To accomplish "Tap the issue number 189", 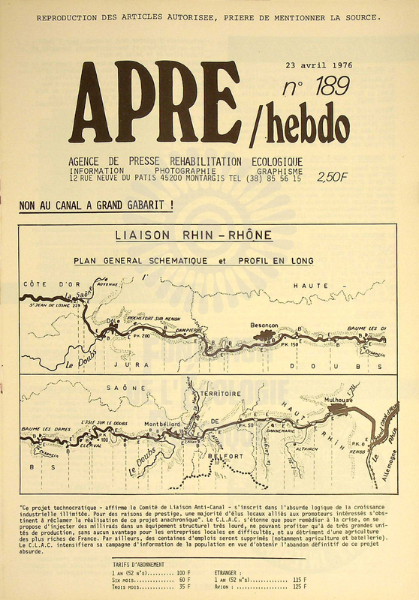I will pos(315,87).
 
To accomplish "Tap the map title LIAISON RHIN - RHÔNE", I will pos(194,235).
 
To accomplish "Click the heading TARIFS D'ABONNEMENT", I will pos(141,562).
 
